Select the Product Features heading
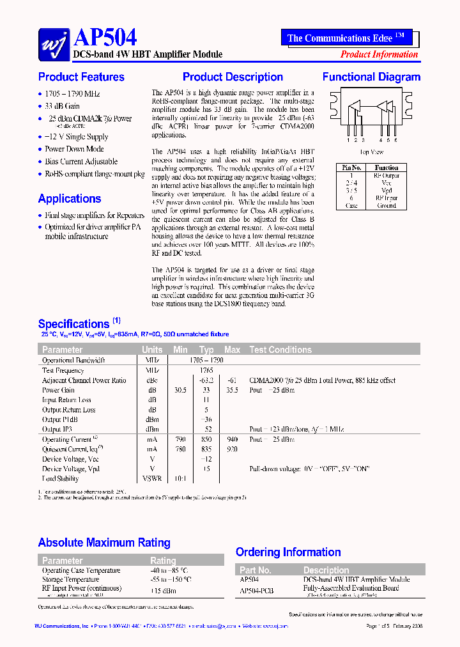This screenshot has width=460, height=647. pos(81,77)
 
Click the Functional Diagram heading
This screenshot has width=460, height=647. pos(371,77)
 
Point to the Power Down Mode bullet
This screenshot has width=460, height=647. pos(74,149)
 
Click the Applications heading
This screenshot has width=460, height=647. pos(70,199)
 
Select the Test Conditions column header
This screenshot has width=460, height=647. pos(280,350)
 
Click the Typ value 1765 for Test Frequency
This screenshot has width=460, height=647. pos(206,370)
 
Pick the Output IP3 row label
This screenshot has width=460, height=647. pos(60,429)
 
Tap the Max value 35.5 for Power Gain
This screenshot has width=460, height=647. pos(232,390)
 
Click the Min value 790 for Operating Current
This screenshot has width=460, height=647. pos(180,440)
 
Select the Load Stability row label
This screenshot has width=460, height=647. pos(61,478)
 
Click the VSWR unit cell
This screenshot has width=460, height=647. pos(152,478)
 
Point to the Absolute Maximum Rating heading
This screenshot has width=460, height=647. pos(104,543)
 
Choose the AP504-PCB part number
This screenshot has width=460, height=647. pos(256,591)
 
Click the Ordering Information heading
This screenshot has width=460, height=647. pos(288,552)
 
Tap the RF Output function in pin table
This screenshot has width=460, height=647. pos(387,175)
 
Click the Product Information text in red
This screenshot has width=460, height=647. pos(379,54)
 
